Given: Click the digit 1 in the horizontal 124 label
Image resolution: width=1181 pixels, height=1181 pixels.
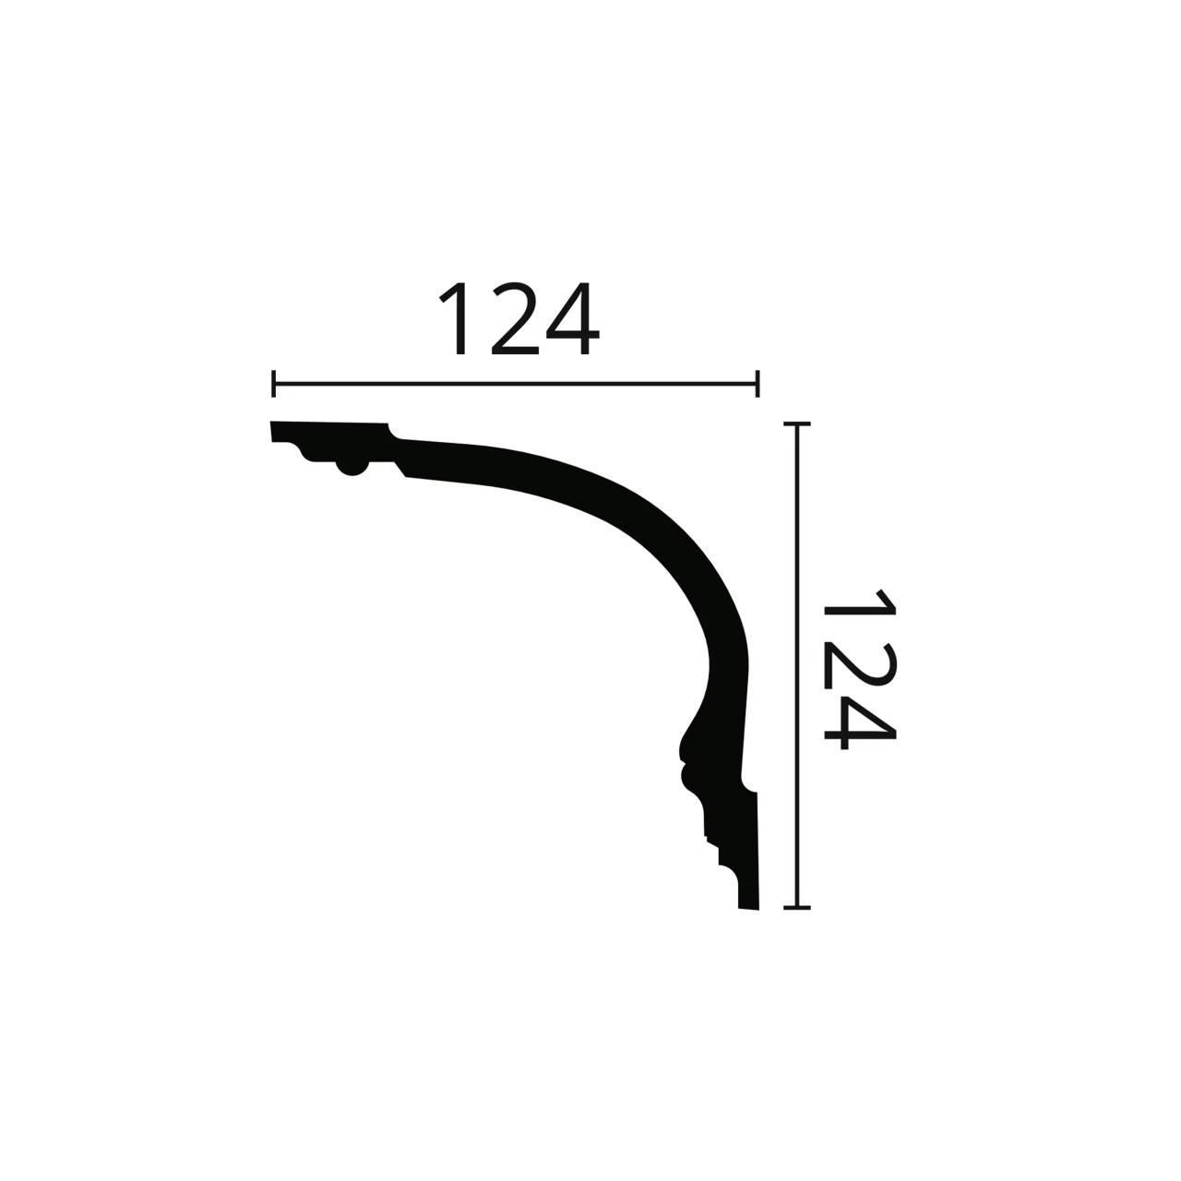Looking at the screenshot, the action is point(456,318).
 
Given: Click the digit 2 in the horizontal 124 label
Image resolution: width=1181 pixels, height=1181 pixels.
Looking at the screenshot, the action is point(515,318).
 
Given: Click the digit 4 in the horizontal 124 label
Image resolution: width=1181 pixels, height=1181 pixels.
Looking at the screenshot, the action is point(572,318).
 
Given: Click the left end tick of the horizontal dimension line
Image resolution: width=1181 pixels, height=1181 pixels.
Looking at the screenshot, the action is point(273,384).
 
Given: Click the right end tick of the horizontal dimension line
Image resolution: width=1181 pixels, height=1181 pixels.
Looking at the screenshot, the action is point(758,384).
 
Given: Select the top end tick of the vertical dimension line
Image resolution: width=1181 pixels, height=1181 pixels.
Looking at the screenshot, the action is point(797,423).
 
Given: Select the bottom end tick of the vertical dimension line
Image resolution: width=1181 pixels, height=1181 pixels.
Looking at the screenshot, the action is point(797,908).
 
